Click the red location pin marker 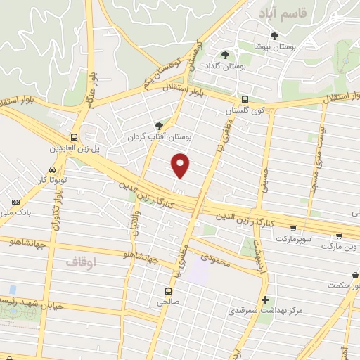181,165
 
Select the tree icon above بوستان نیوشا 274,36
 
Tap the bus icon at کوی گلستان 244,100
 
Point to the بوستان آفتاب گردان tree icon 159,125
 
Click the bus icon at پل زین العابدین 75,138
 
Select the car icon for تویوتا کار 53,171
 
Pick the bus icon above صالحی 168,290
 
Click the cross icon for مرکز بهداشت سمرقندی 265,300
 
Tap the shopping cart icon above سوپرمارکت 292,229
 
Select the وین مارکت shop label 341,247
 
